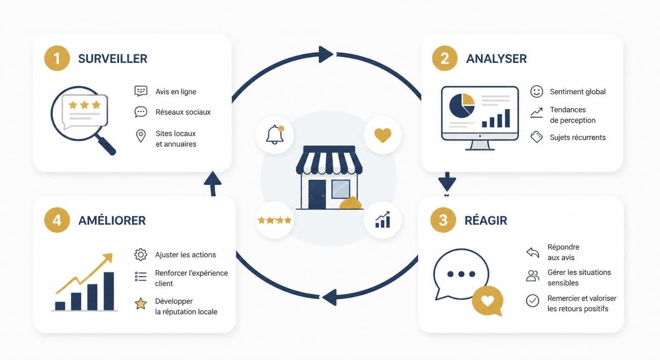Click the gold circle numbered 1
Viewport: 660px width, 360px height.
(57, 58)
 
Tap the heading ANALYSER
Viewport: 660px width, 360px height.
(496, 59)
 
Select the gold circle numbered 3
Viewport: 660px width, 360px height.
(443, 220)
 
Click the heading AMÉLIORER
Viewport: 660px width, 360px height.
(112, 220)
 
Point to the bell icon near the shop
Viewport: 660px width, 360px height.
(275, 135)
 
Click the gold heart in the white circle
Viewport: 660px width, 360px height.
(383, 135)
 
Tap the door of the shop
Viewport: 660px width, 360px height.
(317, 195)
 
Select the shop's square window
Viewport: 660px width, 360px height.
(341, 189)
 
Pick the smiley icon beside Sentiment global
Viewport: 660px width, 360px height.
(537, 91)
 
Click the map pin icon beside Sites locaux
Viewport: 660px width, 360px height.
(141, 136)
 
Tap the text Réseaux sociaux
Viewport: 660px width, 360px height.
(183, 112)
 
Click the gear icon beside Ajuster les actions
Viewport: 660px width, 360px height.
(141, 255)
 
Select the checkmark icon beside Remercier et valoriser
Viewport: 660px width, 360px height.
(532, 300)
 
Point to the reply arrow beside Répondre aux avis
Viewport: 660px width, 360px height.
(532, 253)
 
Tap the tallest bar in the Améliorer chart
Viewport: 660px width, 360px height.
(109, 291)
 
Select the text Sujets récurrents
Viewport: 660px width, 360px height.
(578, 137)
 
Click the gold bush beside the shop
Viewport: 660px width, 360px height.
(351, 203)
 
